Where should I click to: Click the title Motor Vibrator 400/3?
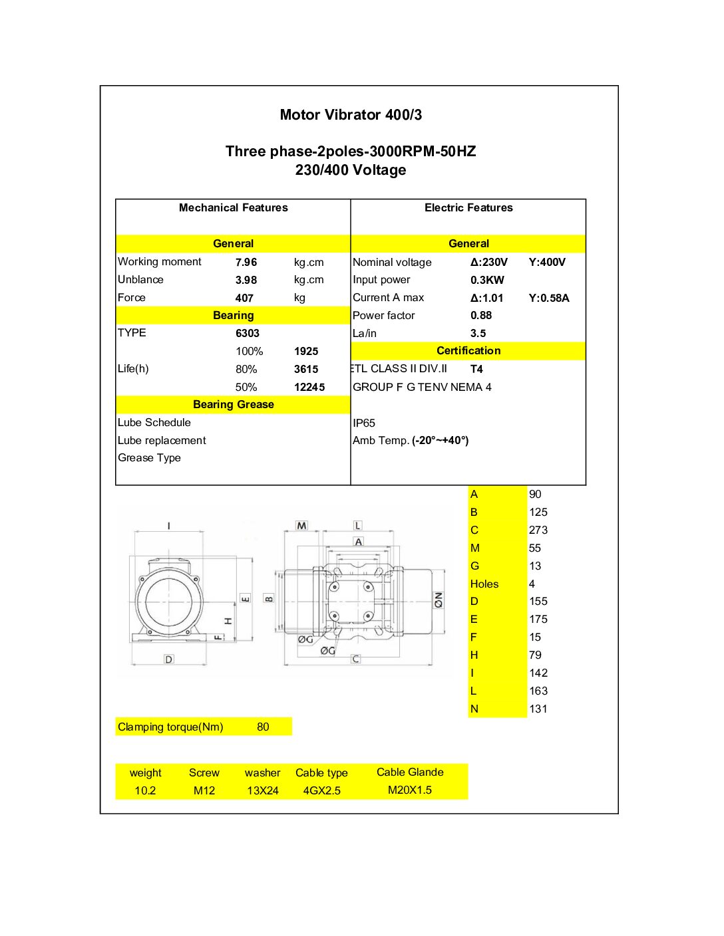pyautogui.click(x=351, y=115)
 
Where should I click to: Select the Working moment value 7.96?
pyautogui.click(x=246, y=263)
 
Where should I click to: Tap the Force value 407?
pyautogui.click(x=244, y=298)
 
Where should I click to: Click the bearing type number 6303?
pyautogui.click(x=248, y=334)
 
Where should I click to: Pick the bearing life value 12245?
pyautogui.click(x=309, y=388)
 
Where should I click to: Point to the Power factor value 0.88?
pyautogui.click(x=481, y=316)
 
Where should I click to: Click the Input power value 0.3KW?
pyautogui.click(x=487, y=281)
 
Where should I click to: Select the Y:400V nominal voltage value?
pyautogui.click(x=547, y=263)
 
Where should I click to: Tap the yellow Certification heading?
pyautogui.click(x=468, y=351)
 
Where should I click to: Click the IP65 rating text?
pyautogui.click(x=364, y=423)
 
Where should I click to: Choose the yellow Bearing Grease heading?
pyautogui.click(x=233, y=405)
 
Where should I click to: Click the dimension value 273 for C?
pyautogui.click(x=538, y=530)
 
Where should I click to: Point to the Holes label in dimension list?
pyautogui.click(x=484, y=584)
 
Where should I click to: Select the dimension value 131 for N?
pyautogui.click(x=538, y=709)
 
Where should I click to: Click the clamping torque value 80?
pyautogui.click(x=263, y=727)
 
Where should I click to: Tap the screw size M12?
pyautogui.click(x=204, y=791)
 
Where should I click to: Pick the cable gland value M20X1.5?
pyautogui.click(x=410, y=790)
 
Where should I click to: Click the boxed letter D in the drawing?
pyautogui.click(x=168, y=659)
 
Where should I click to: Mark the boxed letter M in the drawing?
pyautogui.click(x=302, y=526)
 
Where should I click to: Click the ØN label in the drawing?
pyautogui.click(x=439, y=600)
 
